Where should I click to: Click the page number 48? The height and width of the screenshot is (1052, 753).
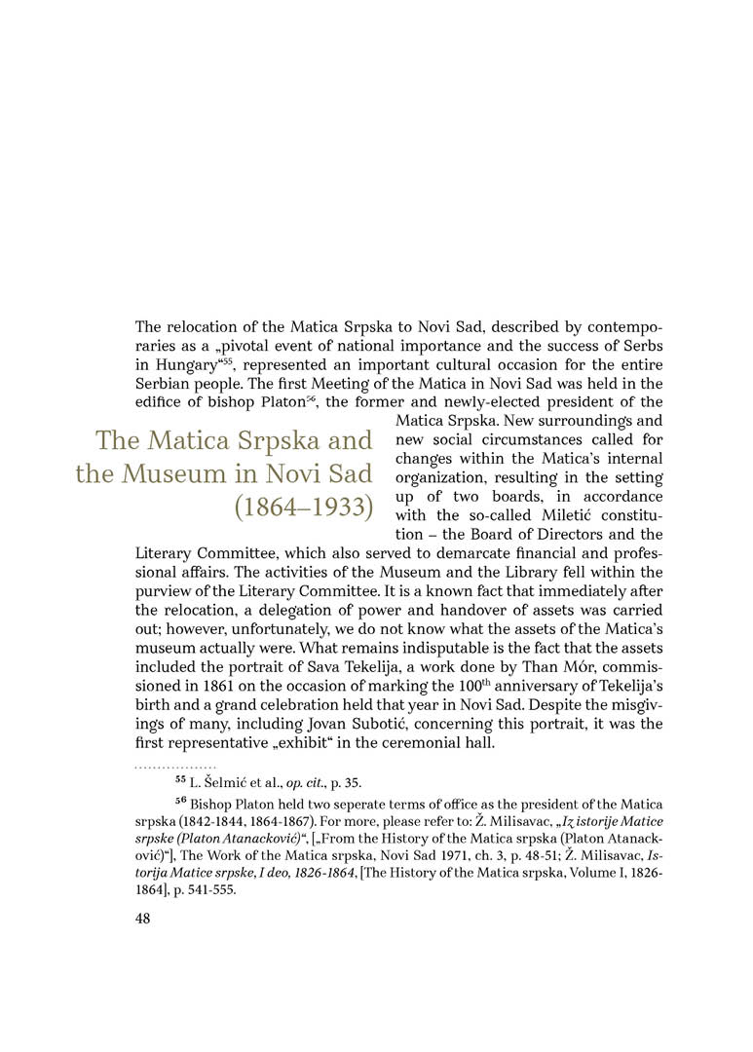[143, 920]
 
